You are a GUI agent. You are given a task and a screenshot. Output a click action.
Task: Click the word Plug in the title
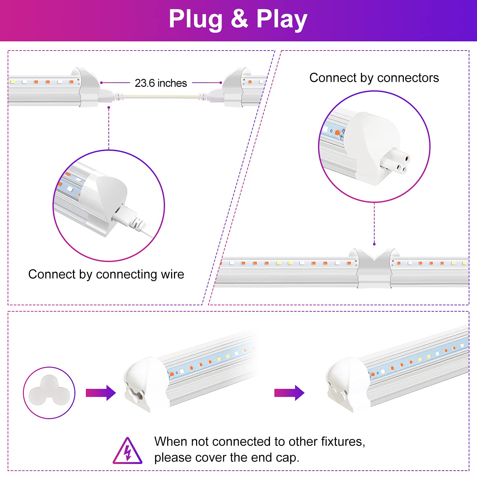click(x=195, y=19)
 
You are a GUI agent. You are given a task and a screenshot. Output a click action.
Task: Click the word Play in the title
click(x=282, y=19)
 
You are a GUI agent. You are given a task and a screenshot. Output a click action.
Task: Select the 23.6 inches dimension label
click(x=161, y=83)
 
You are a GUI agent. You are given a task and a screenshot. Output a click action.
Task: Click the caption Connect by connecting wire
click(x=106, y=274)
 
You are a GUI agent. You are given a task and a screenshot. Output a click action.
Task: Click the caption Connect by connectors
click(x=374, y=78)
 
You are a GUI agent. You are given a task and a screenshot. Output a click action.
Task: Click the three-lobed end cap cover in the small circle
click(x=49, y=391)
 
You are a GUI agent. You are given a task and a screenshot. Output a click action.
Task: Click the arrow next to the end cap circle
click(x=100, y=393)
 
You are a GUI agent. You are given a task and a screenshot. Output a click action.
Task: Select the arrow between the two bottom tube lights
click(x=289, y=393)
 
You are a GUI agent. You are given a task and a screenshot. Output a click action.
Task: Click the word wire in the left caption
click(x=172, y=274)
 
